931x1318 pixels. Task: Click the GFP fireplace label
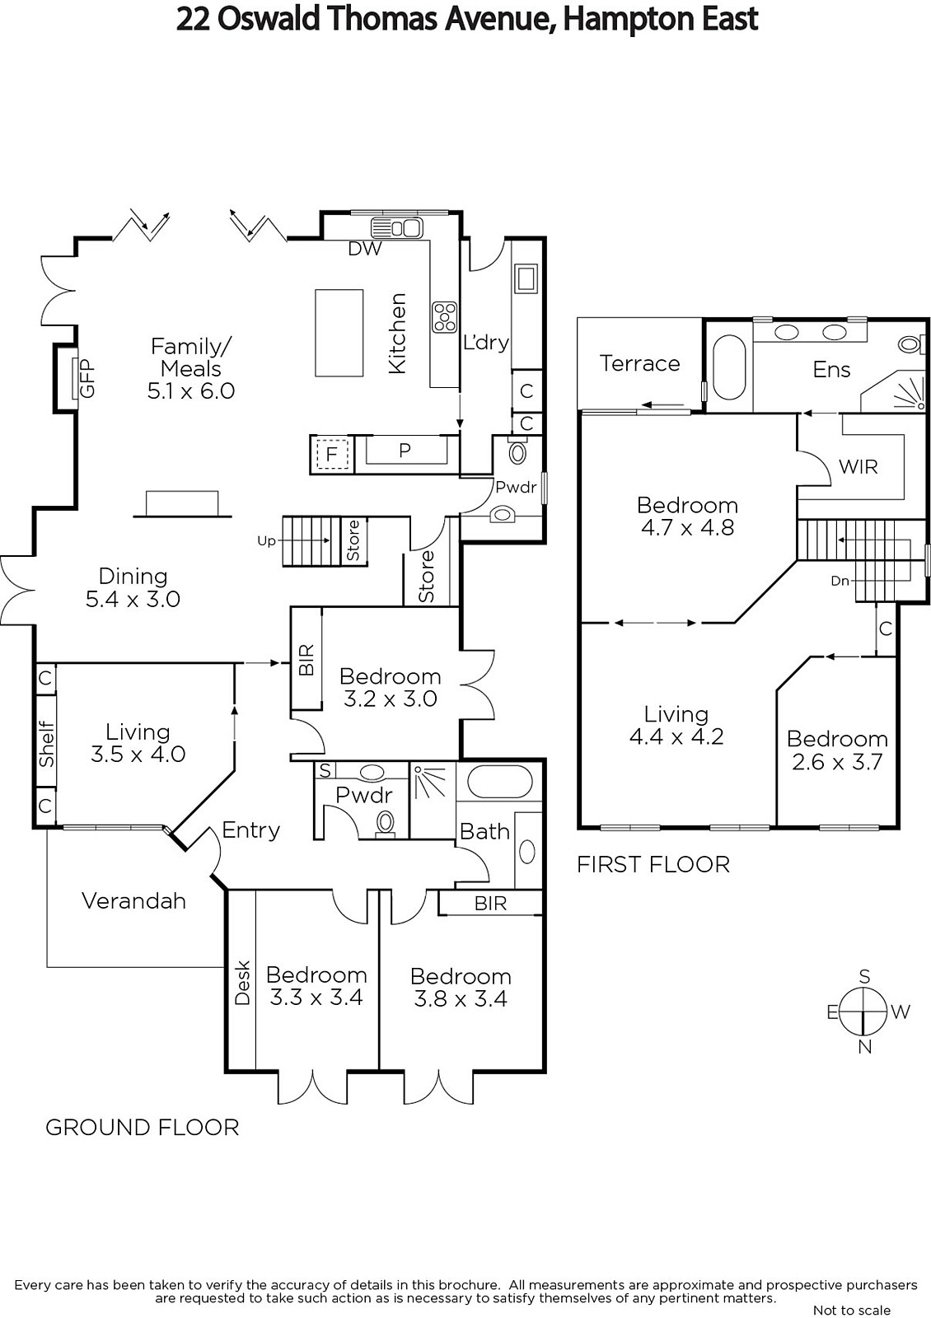click(87, 379)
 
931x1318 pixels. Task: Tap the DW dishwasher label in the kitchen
click(365, 249)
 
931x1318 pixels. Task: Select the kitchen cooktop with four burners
click(444, 316)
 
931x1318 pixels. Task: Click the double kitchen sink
click(396, 227)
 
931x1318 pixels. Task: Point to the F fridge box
click(333, 454)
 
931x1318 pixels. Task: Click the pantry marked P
click(405, 451)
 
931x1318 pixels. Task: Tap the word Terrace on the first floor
click(639, 363)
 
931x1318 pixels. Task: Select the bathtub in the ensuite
click(729, 368)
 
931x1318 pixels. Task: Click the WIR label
click(858, 466)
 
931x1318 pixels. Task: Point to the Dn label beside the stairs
click(840, 581)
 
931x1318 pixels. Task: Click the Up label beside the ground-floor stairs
click(267, 540)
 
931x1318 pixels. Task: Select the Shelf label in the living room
click(46, 744)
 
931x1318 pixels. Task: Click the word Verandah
click(133, 901)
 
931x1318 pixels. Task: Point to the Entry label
click(250, 830)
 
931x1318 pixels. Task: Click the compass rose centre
click(863, 1012)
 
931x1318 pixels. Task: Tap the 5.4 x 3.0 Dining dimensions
click(133, 600)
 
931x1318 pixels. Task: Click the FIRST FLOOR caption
click(653, 864)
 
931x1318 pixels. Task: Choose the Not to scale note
click(852, 1310)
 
